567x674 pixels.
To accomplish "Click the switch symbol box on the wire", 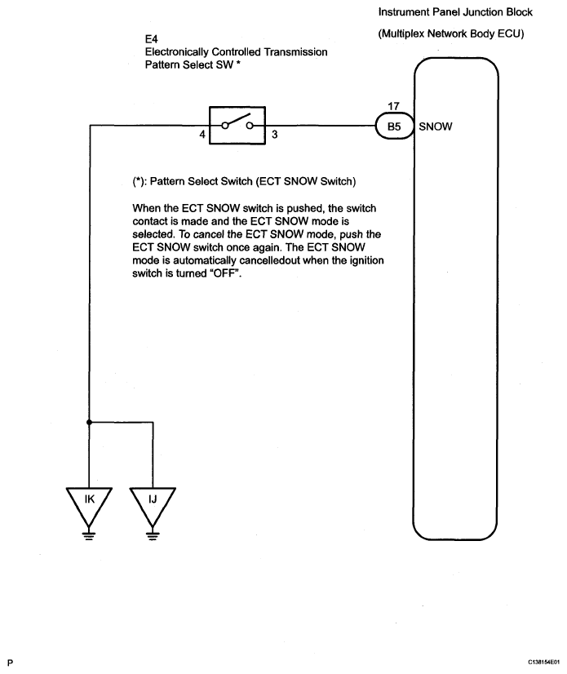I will click(238, 125).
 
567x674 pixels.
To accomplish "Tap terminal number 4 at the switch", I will click(202, 135).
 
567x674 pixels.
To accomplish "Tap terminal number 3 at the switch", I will click(275, 135).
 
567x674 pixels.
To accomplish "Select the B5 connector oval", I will click(394, 126).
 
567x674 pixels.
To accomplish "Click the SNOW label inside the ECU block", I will click(436, 126).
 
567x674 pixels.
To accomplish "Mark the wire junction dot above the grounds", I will click(90, 423).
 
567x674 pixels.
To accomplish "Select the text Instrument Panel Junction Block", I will click(455, 12).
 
